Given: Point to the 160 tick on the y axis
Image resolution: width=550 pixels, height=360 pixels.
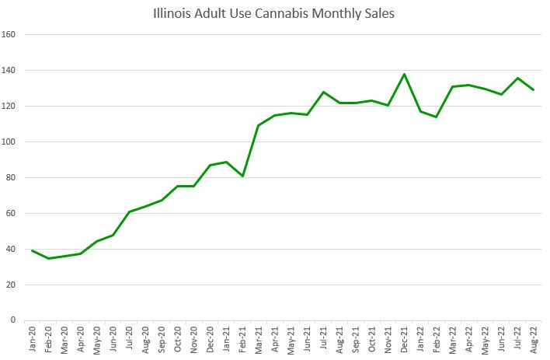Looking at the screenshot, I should [x=11, y=34].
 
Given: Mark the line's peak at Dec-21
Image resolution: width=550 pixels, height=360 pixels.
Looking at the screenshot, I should [x=405, y=74].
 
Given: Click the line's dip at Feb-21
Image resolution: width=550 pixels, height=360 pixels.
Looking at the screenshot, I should [x=242, y=176].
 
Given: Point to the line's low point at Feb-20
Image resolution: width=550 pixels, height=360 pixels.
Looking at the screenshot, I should [x=48, y=258].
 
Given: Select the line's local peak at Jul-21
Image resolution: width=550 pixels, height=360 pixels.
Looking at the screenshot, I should [x=323, y=92].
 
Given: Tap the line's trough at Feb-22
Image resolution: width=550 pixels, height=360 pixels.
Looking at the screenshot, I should [x=437, y=117].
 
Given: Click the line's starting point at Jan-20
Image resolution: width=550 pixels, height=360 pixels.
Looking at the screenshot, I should [x=32, y=250].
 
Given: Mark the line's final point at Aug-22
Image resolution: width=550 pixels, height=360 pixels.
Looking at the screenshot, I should [x=534, y=90].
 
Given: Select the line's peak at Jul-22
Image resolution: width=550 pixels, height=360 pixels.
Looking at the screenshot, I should [x=517, y=78].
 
